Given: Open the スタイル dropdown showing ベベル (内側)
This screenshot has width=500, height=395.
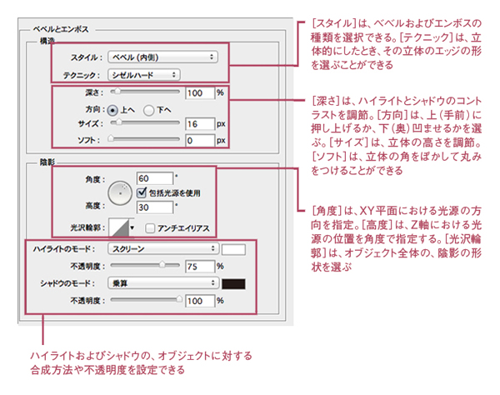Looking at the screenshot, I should click(163, 57).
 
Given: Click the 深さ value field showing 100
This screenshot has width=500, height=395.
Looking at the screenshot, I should click(200, 92).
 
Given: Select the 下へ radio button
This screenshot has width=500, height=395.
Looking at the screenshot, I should click(150, 108).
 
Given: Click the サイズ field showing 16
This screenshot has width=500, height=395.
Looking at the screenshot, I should click(200, 124).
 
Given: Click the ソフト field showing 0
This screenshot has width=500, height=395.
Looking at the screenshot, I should click(200, 141).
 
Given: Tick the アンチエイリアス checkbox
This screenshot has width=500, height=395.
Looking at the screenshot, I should click(151, 228).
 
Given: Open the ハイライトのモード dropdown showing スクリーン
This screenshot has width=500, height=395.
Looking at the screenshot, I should click(163, 249).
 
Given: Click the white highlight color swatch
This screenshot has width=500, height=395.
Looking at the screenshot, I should click(233, 249).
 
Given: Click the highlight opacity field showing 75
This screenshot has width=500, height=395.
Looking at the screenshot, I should click(200, 266).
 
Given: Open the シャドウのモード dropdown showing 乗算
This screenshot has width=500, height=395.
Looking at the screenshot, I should click(163, 283).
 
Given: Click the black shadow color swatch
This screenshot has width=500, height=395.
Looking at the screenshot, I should click(233, 283).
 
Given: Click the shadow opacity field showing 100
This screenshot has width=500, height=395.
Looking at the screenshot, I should click(200, 300).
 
